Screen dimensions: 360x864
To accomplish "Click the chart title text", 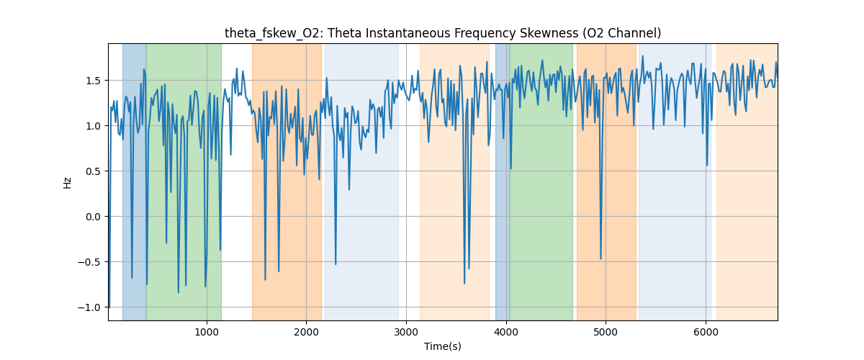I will coord(442,33).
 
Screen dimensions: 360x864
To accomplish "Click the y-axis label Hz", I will coord(68,182).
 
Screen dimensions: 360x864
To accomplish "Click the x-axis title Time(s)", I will coord(442,346).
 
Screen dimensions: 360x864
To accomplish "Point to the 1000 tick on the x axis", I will coord(207,332).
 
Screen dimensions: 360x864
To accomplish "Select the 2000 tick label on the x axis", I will coord(307,332).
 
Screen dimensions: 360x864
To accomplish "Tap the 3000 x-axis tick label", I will coord(406,332).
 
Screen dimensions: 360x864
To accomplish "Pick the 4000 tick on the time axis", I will coord(506,332).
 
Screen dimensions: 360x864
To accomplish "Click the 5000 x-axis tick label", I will coord(606,332).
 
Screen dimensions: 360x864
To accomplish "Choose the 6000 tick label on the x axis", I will coord(706,332).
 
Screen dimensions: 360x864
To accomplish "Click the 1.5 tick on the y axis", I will coord(94,80).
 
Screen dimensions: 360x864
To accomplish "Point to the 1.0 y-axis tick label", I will coord(94,125).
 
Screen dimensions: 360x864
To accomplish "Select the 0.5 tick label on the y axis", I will coord(94,171).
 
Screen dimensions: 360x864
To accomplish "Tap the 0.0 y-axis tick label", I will coord(94,216).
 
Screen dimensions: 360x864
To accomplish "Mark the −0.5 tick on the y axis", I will coord(91,261).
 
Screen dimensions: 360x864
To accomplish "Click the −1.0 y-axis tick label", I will coord(91,307).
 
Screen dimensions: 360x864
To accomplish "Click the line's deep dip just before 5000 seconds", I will coord(601,258).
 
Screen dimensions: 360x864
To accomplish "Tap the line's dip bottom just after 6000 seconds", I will coord(707,166).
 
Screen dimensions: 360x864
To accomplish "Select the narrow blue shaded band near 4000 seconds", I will coord(502,180).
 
